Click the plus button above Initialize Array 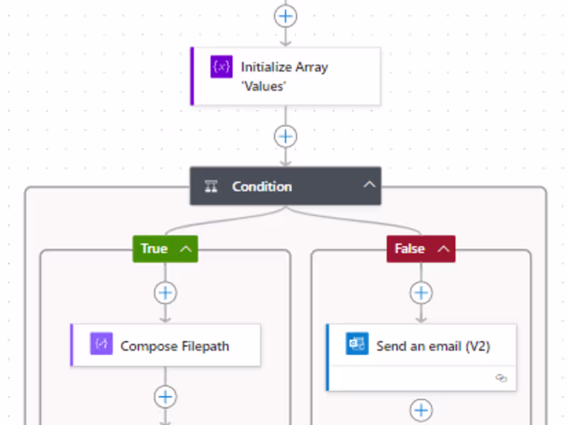coord(286,16)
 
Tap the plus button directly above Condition coord(286,137)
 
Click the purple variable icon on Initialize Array coord(221,67)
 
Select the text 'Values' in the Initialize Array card coord(264,86)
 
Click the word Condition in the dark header coord(262,186)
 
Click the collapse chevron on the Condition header coord(369,185)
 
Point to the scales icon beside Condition coord(211,186)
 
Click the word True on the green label coord(154,249)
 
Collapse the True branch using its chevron coord(186,249)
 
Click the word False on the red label coord(410,249)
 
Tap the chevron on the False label coord(444,249)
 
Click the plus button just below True coord(165,293)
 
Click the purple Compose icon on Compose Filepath coord(101,344)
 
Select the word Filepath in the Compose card coord(205,346)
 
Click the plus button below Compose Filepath coord(165,397)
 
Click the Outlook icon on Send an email coord(357,344)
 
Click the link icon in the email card coord(501,378)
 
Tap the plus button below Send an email coord(421,410)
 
